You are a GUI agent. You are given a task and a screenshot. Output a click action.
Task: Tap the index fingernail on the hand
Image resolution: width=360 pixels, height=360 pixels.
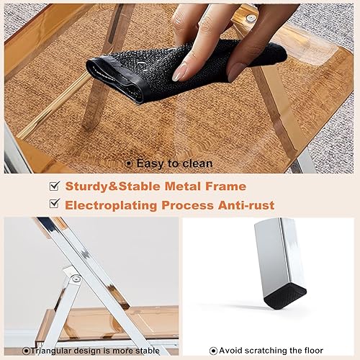181,71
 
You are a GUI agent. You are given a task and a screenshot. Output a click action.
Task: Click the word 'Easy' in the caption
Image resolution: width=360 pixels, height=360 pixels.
150,163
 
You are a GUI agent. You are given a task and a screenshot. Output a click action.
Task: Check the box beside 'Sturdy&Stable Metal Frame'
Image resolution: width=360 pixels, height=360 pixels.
53,186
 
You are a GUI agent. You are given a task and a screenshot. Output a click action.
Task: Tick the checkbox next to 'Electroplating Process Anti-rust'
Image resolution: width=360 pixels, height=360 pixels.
53,205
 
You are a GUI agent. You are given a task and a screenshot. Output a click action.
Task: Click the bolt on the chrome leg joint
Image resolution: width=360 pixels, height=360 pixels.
75,278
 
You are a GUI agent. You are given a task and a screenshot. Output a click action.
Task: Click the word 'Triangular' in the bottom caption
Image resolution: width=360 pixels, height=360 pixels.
55,351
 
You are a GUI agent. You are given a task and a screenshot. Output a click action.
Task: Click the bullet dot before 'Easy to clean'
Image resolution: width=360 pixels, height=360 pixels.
129,163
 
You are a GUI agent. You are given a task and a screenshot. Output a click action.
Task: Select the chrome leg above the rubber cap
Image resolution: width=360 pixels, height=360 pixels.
279,252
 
